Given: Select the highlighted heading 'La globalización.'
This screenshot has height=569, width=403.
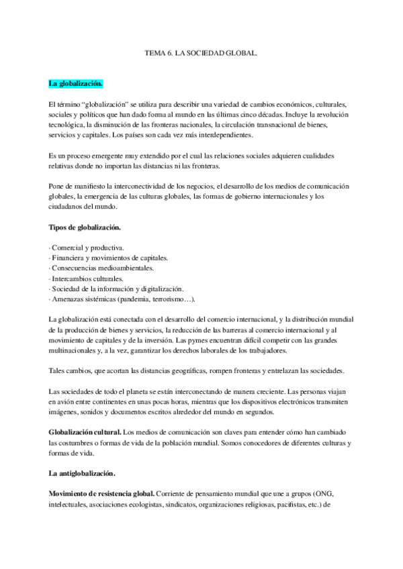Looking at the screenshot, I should [76, 84].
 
